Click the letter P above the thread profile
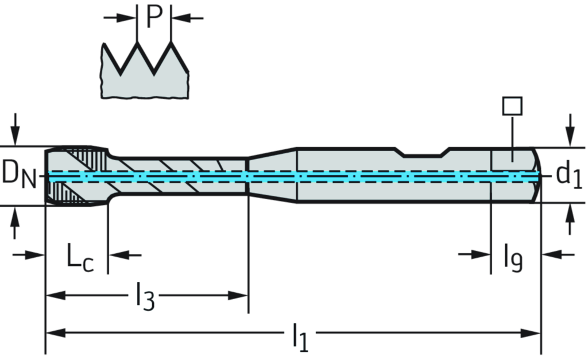[x=153, y=17]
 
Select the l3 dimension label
[x=143, y=296]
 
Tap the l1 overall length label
[x=299, y=335]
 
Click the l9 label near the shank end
[x=513, y=258]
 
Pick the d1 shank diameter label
[x=568, y=175]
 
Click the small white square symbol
[x=512, y=106]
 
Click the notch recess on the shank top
[x=423, y=153]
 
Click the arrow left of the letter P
[x=122, y=18]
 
